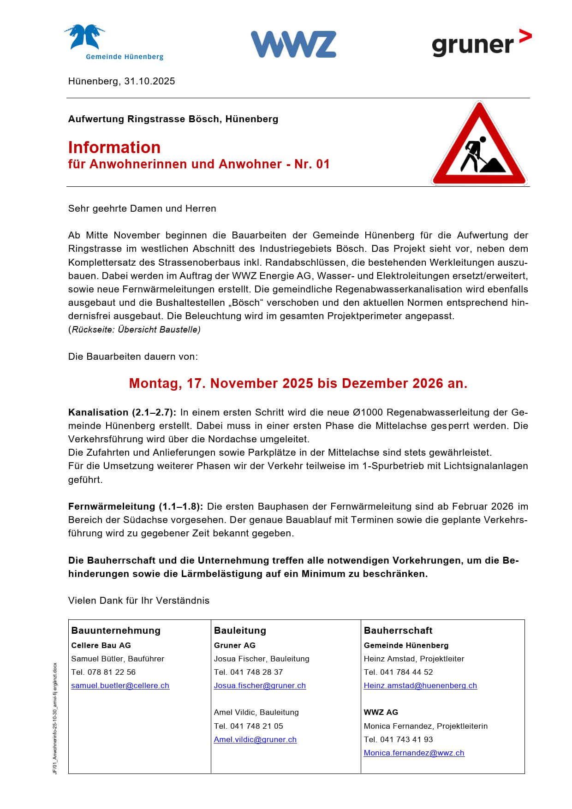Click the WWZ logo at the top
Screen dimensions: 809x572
293,44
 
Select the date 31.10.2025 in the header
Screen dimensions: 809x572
149,81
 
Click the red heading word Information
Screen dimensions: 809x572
114,148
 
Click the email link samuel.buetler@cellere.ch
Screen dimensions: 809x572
120,685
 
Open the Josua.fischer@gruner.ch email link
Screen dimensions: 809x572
260,685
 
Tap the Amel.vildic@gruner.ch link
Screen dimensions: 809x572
255,739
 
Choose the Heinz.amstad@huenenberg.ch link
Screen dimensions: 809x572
420,685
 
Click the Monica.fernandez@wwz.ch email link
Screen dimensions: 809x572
414,753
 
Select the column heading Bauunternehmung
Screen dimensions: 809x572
116,631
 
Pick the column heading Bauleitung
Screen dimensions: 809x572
240,631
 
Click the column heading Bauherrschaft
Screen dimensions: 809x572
398,631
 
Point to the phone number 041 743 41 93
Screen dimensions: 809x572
406,739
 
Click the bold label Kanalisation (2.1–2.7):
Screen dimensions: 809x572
122,412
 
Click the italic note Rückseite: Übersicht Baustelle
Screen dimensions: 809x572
135,330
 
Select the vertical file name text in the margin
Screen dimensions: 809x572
55,718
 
